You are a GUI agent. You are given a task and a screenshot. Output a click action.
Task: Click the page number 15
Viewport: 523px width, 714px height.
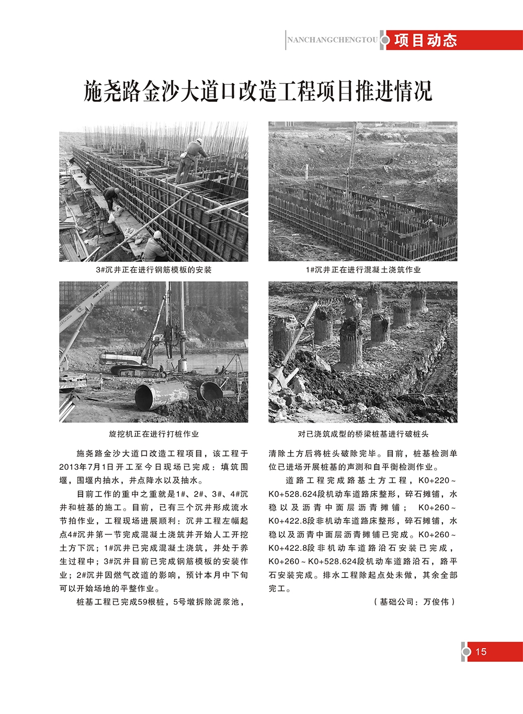481,651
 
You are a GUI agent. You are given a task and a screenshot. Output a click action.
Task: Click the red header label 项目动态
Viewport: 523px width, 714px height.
426,40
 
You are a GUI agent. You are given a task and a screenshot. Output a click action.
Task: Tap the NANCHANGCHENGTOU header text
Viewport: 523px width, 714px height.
332,40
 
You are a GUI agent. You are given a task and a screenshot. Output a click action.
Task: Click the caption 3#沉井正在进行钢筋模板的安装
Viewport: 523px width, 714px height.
154,270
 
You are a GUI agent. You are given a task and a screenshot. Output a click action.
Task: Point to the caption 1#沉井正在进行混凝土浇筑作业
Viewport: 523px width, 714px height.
363,270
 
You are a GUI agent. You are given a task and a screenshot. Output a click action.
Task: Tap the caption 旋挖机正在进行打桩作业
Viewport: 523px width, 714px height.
154,434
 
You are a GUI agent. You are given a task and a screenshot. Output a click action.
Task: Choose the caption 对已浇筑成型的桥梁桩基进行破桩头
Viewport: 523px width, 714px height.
363,434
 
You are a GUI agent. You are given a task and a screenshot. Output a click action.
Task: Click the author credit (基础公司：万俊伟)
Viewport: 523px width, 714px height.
414,602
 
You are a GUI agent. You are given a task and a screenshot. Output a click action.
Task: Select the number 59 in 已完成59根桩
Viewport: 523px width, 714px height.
143,602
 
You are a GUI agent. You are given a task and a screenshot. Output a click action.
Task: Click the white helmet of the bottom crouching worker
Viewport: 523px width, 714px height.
157,235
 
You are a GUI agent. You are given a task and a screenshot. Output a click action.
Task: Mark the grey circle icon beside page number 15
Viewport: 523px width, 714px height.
466,651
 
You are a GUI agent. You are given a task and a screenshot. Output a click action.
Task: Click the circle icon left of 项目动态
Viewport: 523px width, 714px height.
386,40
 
